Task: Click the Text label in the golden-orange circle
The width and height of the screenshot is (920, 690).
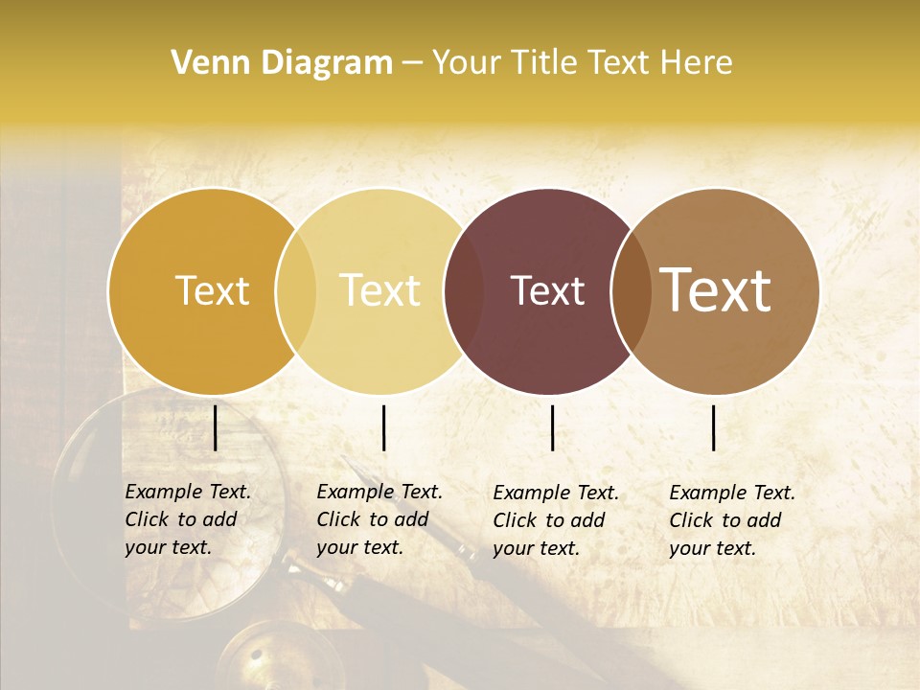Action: [x=212, y=290]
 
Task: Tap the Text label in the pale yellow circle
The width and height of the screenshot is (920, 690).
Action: [x=380, y=290]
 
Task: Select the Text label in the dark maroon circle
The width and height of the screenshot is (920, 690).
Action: [x=547, y=290]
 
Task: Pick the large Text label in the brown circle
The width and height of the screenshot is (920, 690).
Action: [x=716, y=290]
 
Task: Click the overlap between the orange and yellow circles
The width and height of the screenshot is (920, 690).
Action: [x=296, y=290]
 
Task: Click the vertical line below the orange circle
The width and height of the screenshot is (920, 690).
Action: [x=216, y=427]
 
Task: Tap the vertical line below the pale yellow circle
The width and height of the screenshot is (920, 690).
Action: [x=383, y=427]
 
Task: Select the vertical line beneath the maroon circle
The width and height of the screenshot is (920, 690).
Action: [x=552, y=427]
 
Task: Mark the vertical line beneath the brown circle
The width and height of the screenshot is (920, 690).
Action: [x=714, y=427]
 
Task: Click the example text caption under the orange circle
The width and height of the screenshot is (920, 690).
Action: [x=187, y=519]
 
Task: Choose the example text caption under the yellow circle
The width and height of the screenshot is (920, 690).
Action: [x=379, y=519]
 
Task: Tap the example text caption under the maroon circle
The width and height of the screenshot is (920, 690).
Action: [x=555, y=520]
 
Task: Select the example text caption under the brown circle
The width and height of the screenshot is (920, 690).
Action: [x=731, y=520]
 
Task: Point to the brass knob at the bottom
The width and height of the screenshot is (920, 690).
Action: [x=257, y=659]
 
